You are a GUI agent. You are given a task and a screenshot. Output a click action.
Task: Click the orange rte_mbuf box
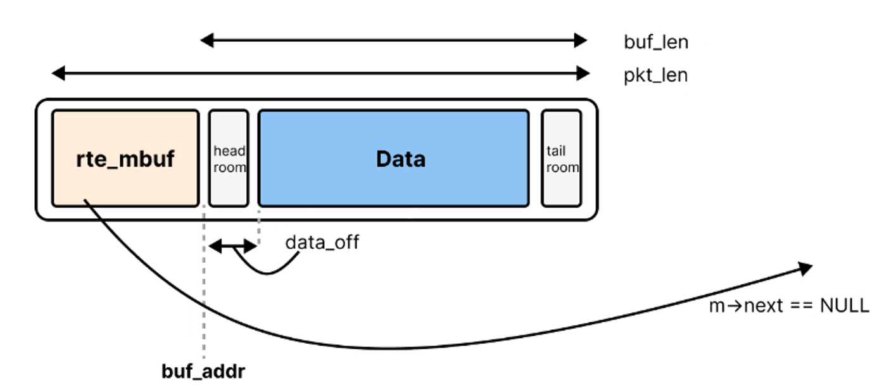pyautogui.click(x=125, y=158)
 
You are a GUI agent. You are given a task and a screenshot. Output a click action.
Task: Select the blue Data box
pyautogui.click(x=393, y=158)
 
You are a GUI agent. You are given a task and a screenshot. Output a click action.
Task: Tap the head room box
pyautogui.click(x=229, y=158)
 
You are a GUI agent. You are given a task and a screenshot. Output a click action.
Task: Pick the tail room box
pyautogui.click(x=561, y=158)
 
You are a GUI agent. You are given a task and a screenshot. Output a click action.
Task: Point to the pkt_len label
pyautogui.click(x=654, y=77)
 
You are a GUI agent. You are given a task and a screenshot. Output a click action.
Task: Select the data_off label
pyautogui.click(x=322, y=242)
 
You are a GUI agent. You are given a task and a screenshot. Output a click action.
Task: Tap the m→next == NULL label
pyautogui.click(x=788, y=306)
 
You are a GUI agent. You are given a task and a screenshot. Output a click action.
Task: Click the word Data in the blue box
pyautogui.click(x=400, y=159)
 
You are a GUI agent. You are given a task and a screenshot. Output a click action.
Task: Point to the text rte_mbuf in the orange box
pyautogui.click(x=125, y=159)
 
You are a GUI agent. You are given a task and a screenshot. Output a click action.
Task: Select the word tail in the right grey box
pyautogui.click(x=556, y=151)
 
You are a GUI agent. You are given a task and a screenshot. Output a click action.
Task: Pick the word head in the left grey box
pyautogui.click(x=229, y=151)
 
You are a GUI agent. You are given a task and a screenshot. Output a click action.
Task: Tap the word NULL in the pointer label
pyautogui.click(x=845, y=306)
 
